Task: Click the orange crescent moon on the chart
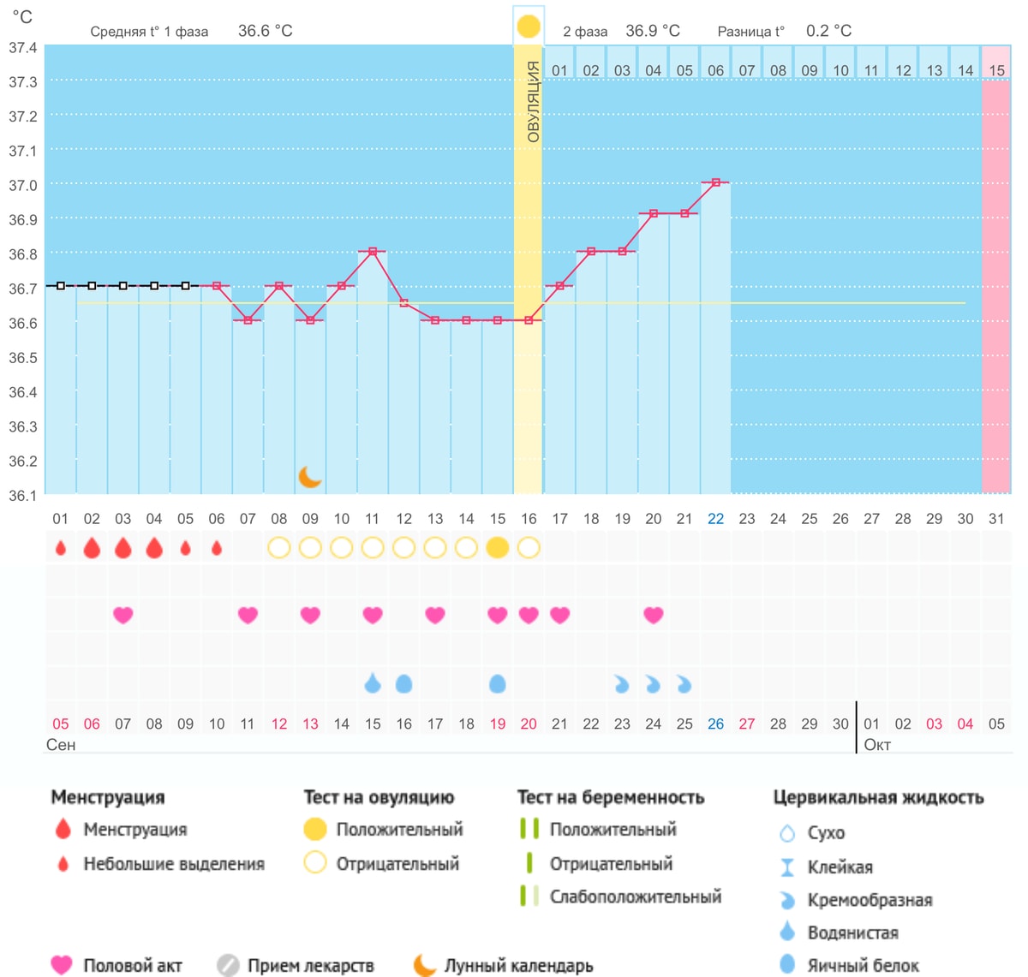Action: pos(308,477)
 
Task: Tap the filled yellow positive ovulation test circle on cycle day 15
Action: pos(497,548)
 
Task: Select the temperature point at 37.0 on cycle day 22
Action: pos(716,182)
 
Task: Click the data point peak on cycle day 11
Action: pos(373,252)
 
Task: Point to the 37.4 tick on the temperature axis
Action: pos(23,48)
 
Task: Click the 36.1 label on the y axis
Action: pos(23,496)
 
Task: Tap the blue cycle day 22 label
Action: pos(716,519)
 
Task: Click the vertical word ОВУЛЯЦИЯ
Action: pos(533,102)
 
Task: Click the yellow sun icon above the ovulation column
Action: pos(528,27)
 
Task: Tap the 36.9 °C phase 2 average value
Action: pos(653,31)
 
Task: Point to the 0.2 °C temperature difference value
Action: pos(828,31)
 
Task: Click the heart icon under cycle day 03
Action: pos(123,615)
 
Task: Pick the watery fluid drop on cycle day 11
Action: pos(373,683)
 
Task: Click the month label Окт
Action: pos(877,744)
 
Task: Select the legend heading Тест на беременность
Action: pos(611,797)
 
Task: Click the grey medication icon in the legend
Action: pos(228,965)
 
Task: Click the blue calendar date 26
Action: pos(716,724)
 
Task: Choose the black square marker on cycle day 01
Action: pos(61,286)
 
